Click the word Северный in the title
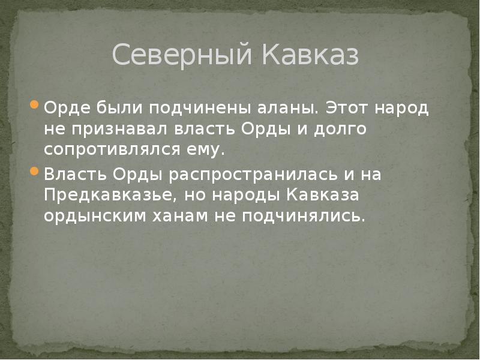point(181,55)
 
